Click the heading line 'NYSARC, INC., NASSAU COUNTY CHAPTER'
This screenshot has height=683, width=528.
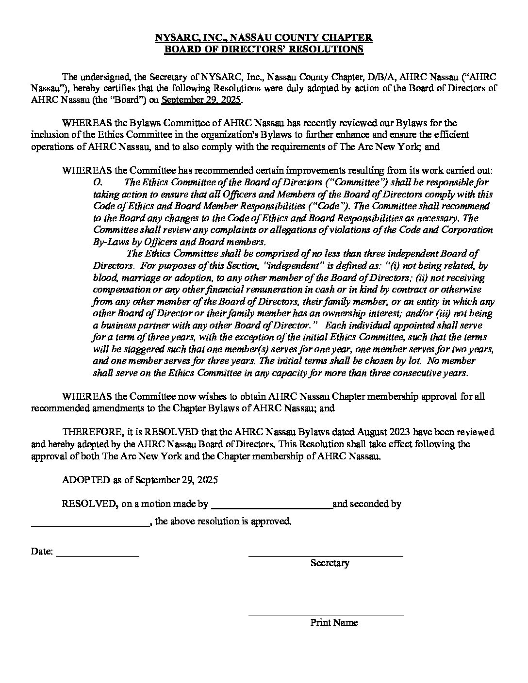pyautogui.click(x=264, y=37)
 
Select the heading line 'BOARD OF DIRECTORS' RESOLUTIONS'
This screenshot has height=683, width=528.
pyautogui.click(x=264, y=49)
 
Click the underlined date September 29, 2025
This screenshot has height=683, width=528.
pyautogui.click(x=201, y=100)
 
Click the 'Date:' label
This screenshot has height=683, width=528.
pyautogui.click(x=42, y=552)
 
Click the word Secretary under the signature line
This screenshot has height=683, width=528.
pyautogui.click(x=330, y=563)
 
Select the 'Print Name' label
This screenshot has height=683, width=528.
pyautogui.click(x=334, y=623)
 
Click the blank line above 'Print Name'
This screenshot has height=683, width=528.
pyautogui.click(x=326, y=615)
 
